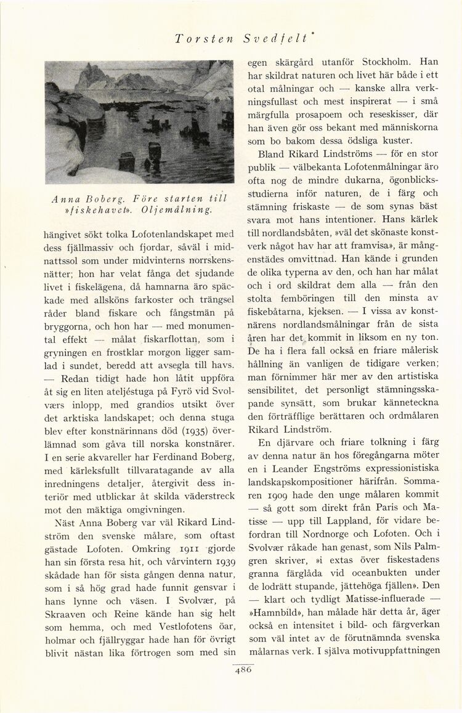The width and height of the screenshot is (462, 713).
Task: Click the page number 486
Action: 243,672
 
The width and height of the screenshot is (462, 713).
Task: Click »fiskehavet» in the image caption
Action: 86,210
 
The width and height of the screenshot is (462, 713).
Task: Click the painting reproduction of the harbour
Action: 139,121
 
